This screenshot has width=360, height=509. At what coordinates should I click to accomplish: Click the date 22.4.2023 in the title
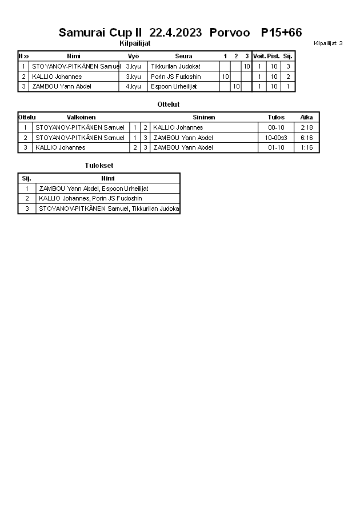[175, 33]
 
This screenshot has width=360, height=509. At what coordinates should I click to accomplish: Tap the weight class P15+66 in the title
[281, 33]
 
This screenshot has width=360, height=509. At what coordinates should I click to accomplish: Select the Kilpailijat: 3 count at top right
[328, 43]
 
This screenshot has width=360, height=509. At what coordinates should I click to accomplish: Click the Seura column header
[183, 56]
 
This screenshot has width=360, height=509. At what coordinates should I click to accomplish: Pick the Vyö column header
[133, 56]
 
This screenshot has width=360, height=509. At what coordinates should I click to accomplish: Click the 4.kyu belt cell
[133, 86]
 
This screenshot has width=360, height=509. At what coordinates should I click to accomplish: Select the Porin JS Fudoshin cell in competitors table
[175, 77]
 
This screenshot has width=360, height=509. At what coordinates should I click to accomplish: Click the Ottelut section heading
[168, 105]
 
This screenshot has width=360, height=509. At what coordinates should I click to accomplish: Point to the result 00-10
[276, 127]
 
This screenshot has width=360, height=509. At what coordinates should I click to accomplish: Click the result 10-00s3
[276, 138]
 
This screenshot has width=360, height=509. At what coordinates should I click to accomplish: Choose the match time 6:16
[306, 138]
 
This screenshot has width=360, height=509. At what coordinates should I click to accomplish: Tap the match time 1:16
[306, 147]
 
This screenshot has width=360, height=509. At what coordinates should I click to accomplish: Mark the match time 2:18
[306, 127]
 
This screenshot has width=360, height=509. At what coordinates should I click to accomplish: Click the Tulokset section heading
[95, 166]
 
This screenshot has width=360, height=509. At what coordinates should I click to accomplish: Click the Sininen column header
[204, 117]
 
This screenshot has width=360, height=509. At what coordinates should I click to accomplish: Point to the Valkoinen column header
[81, 117]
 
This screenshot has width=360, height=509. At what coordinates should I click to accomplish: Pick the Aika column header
[306, 117]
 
